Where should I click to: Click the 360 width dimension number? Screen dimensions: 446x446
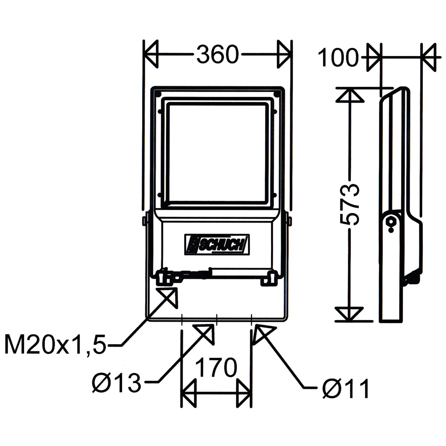217,55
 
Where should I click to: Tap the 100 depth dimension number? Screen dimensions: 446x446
338,58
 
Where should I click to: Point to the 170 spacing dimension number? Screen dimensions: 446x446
216,368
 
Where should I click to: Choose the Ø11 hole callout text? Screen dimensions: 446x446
346,388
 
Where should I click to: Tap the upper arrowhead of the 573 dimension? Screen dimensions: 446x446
349,94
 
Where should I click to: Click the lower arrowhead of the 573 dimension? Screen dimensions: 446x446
349,314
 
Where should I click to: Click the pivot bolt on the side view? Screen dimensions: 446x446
391,222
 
